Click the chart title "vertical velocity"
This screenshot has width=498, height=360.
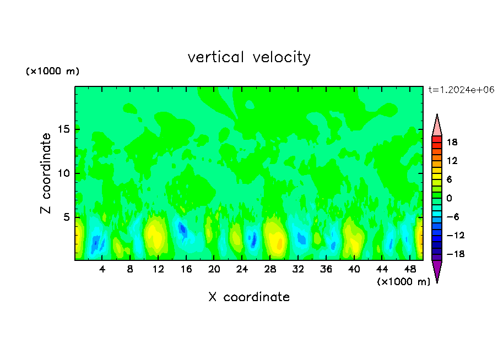pyautogui.click(x=249, y=57)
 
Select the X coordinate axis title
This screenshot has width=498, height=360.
pyautogui.click(x=249, y=297)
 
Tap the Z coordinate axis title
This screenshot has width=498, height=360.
pyautogui.click(x=46, y=173)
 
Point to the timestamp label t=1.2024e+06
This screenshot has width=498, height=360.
pyautogui.click(x=462, y=90)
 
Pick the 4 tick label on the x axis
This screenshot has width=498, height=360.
pyautogui.click(x=102, y=270)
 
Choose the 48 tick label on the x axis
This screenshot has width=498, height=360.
pyautogui.click(x=409, y=270)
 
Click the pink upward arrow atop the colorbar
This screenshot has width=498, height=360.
pyautogui.click(x=437, y=126)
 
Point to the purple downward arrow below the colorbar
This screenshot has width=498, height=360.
pyautogui.click(x=437, y=271)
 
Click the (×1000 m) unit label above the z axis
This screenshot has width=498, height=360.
pyautogui.click(x=52, y=72)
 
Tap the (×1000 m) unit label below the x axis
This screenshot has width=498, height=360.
pyautogui.click(x=403, y=282)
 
